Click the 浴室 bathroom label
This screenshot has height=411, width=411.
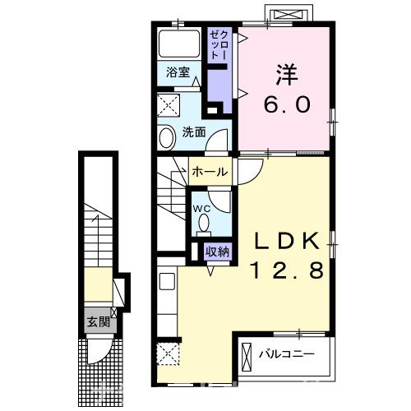coord(178,72)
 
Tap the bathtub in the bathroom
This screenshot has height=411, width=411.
coord(179,44)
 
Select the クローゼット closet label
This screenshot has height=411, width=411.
coord(219,45)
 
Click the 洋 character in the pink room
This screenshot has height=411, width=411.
coord(287,75)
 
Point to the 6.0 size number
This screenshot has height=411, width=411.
coord(288,104)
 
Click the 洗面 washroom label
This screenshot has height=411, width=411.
coord(194,132)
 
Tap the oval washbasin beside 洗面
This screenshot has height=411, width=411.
coord(168,139)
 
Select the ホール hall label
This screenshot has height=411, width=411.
coord(210,172)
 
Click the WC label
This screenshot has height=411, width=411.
coord(201,209)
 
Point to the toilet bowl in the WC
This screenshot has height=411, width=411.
coord(203,223)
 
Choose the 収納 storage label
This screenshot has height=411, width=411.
coord(217,252)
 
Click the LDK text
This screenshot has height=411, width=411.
coord(287,241)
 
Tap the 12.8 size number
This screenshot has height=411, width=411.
coord(287,270)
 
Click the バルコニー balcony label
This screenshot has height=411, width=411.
coord(287,354)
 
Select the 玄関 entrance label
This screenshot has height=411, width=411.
coord(99,321)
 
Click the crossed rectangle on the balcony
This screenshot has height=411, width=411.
coord(247,357)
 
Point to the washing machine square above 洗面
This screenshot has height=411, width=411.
coord(169,105)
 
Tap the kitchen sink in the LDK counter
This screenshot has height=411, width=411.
coord(167,281)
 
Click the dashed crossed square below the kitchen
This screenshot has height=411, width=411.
coord(169,353)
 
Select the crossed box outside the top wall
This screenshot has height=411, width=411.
coord(289,14)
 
